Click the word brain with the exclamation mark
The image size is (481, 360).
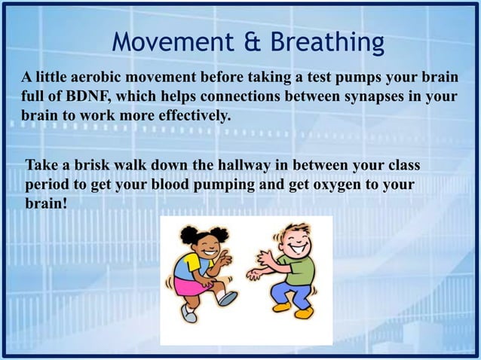coord(46,203)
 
